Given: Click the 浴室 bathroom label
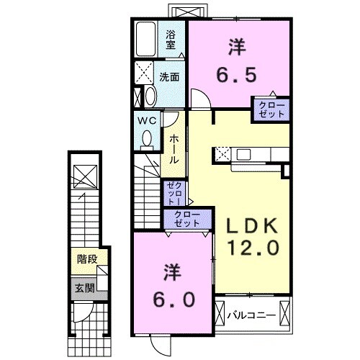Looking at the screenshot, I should (171, 38).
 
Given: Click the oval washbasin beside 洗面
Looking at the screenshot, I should (150, 96).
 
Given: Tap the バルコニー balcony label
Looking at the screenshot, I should (252, 315).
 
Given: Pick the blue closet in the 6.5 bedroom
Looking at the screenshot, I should (271, 109).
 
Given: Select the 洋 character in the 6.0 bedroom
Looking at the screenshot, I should (172, 271).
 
